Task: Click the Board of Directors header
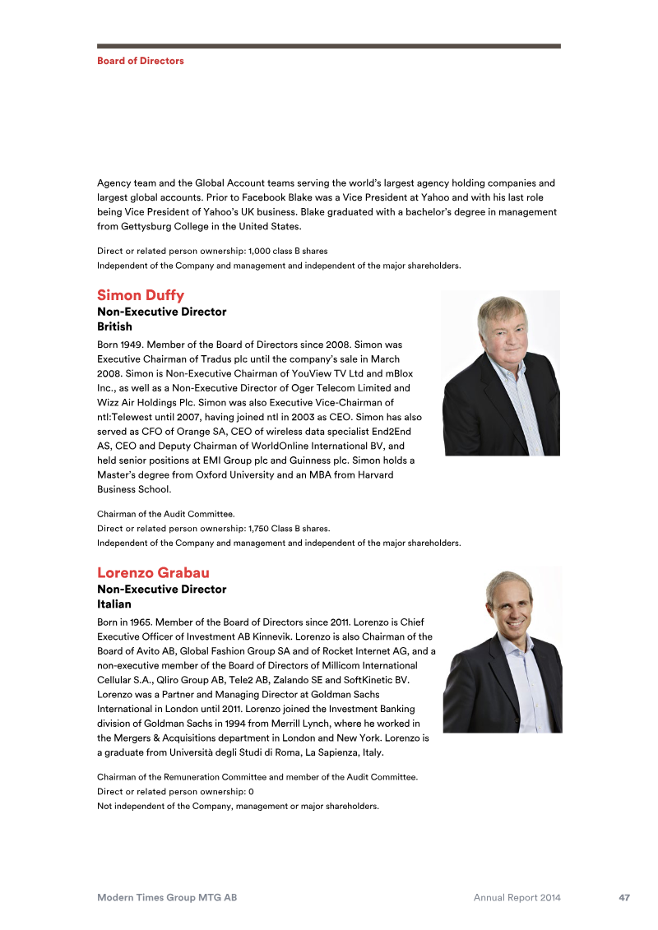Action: point(141,61)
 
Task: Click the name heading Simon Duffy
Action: point(141,295)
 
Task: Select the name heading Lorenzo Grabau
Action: point(154,572)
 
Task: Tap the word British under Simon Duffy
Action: point(114,326)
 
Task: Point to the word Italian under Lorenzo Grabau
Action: point(114,604)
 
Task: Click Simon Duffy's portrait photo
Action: point(500,372)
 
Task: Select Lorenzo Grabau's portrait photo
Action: point(502,650)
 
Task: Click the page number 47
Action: point(624,898)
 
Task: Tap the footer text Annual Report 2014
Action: point(517,898)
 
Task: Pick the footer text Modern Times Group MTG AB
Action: point(167,898)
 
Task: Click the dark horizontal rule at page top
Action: point(329,46)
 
